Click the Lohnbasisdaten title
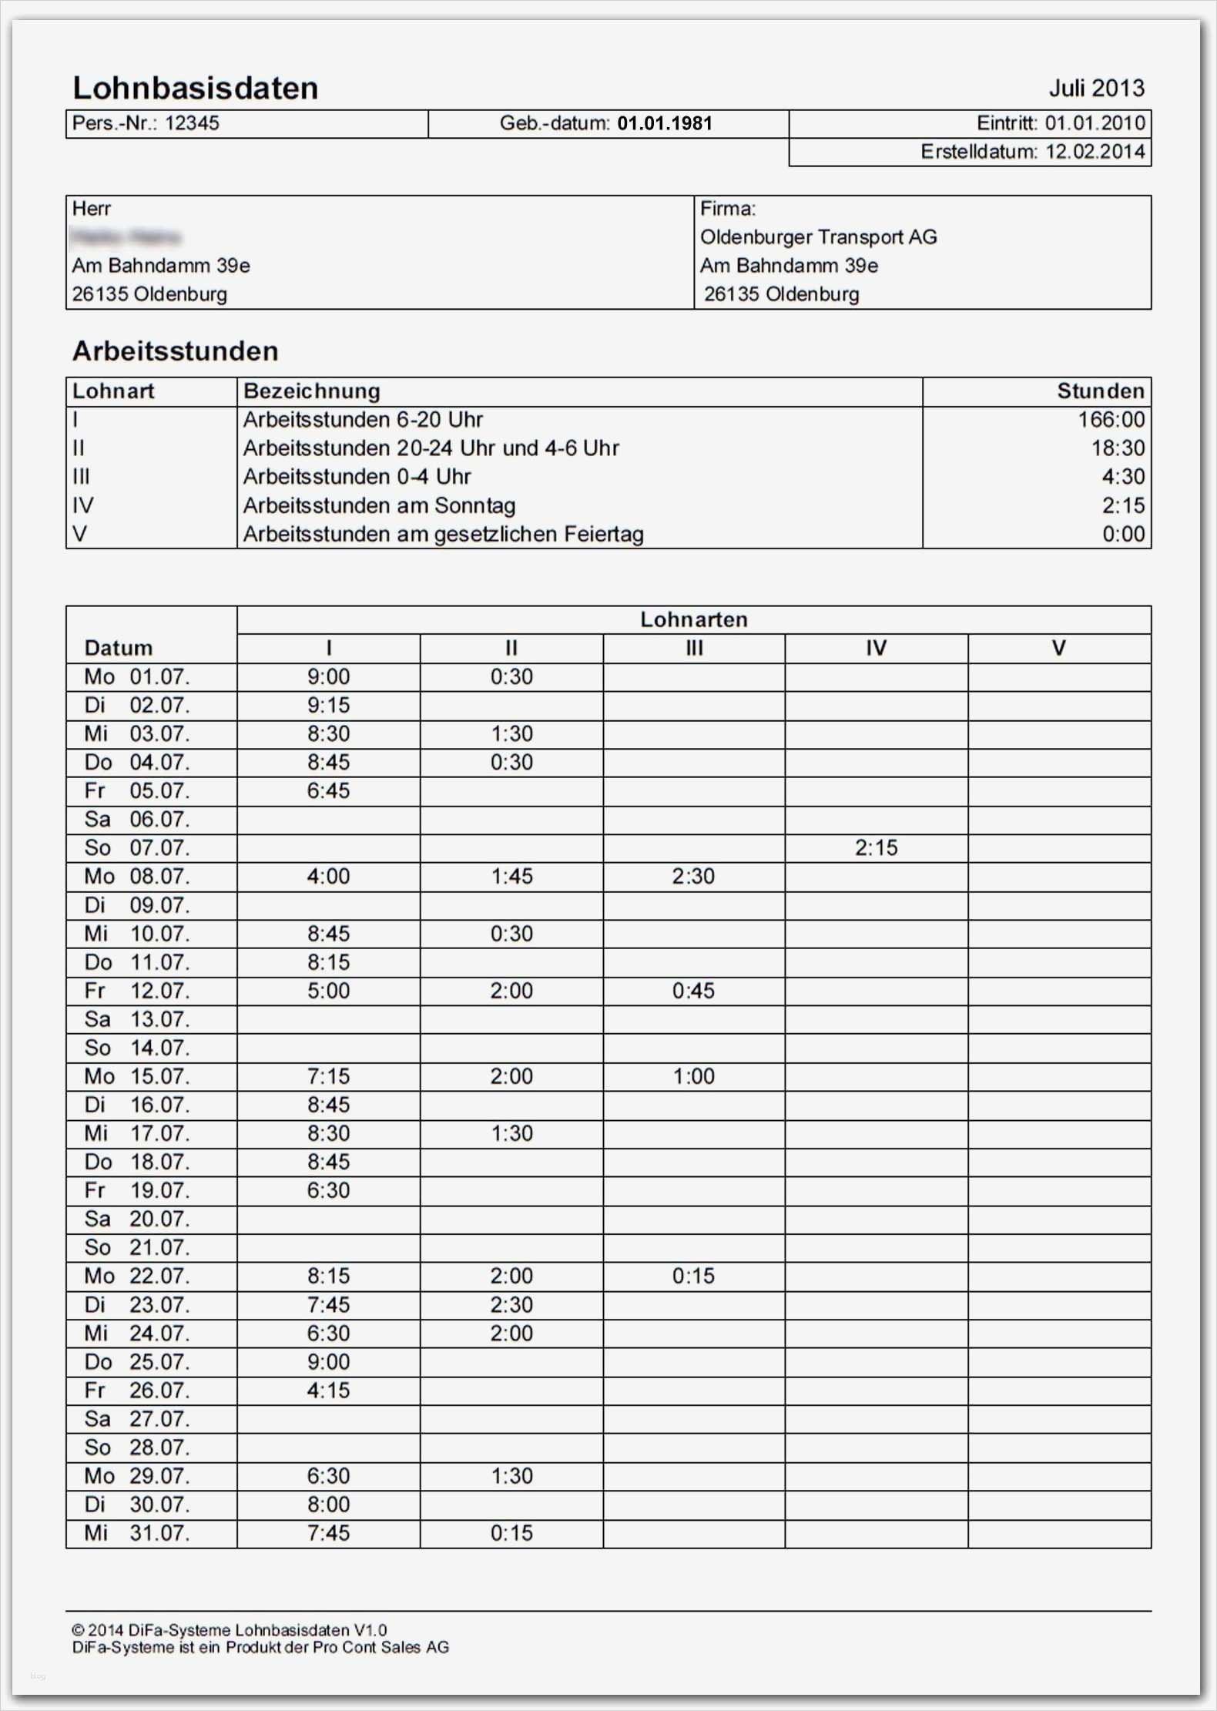pos(195,89)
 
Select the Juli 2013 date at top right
pos(1096,89)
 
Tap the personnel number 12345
pos(192,123)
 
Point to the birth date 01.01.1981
pos(665,123)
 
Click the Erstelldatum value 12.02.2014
pos(1095,152)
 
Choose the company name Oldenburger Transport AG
pos(818,237)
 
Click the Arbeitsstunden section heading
pos(175,351)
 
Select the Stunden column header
pos(1100,391)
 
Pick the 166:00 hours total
pos(1111,420)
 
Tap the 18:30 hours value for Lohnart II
pos(1117,448)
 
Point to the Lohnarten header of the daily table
pos(693,619)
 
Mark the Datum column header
pos(119,648)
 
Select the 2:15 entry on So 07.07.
pos(876,848)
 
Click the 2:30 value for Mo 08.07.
pos(693,877)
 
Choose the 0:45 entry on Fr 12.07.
pos(693,991)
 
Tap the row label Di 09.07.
pos(136,905)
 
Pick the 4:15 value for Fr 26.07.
pos(328,1391)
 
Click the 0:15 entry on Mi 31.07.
pos(511,1533)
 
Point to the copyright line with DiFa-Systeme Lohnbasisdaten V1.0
pos(229,1630)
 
